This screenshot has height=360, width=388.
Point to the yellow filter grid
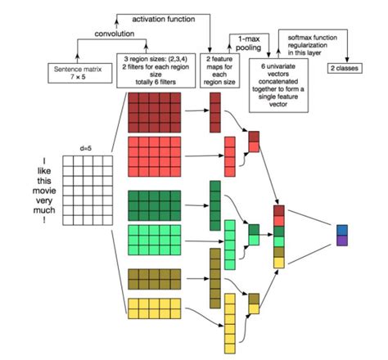(159, 309)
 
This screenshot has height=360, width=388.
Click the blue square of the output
(341, 230)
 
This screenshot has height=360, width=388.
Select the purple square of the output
(341, 241)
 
